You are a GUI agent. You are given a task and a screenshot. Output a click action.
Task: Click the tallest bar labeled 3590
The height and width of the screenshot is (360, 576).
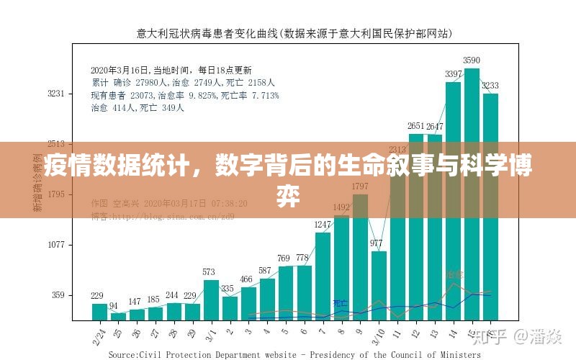point(472,194)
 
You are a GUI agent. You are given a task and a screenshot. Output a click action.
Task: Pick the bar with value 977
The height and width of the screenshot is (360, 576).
point(379,285)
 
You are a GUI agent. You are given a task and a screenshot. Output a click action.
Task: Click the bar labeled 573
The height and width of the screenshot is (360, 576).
point(210,300)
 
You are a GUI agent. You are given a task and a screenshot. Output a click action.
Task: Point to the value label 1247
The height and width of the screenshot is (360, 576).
point(323,225)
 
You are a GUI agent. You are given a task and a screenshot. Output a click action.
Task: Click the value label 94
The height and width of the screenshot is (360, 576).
point(114,306)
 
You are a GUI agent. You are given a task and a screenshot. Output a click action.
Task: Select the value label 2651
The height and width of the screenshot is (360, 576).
point(416,127)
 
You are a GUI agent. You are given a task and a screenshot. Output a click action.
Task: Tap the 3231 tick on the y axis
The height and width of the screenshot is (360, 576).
point(56,94)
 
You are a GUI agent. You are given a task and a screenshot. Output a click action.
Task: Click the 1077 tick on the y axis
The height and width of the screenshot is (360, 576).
point(56,245)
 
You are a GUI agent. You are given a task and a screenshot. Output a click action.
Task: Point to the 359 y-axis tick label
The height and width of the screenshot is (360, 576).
point(58,295)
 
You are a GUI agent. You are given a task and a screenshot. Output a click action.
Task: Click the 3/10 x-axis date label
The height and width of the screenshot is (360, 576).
point(378,336)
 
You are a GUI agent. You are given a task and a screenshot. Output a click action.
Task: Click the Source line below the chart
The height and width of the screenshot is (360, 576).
point(294,354)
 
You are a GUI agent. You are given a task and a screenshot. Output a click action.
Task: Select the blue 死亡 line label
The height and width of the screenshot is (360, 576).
point(340,303)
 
